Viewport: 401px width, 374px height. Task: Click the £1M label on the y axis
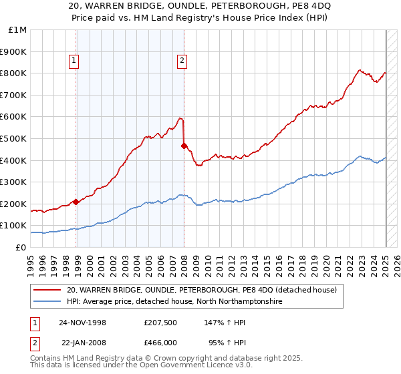18,30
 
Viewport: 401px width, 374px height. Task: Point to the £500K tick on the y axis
14,139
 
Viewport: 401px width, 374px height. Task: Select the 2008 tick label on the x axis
184,260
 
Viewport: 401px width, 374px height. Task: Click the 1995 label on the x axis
31,260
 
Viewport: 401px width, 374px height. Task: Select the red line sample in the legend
47,290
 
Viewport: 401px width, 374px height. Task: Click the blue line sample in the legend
47,302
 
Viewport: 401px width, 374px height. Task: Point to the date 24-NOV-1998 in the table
83,322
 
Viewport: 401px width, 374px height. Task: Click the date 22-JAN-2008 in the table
84,341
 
